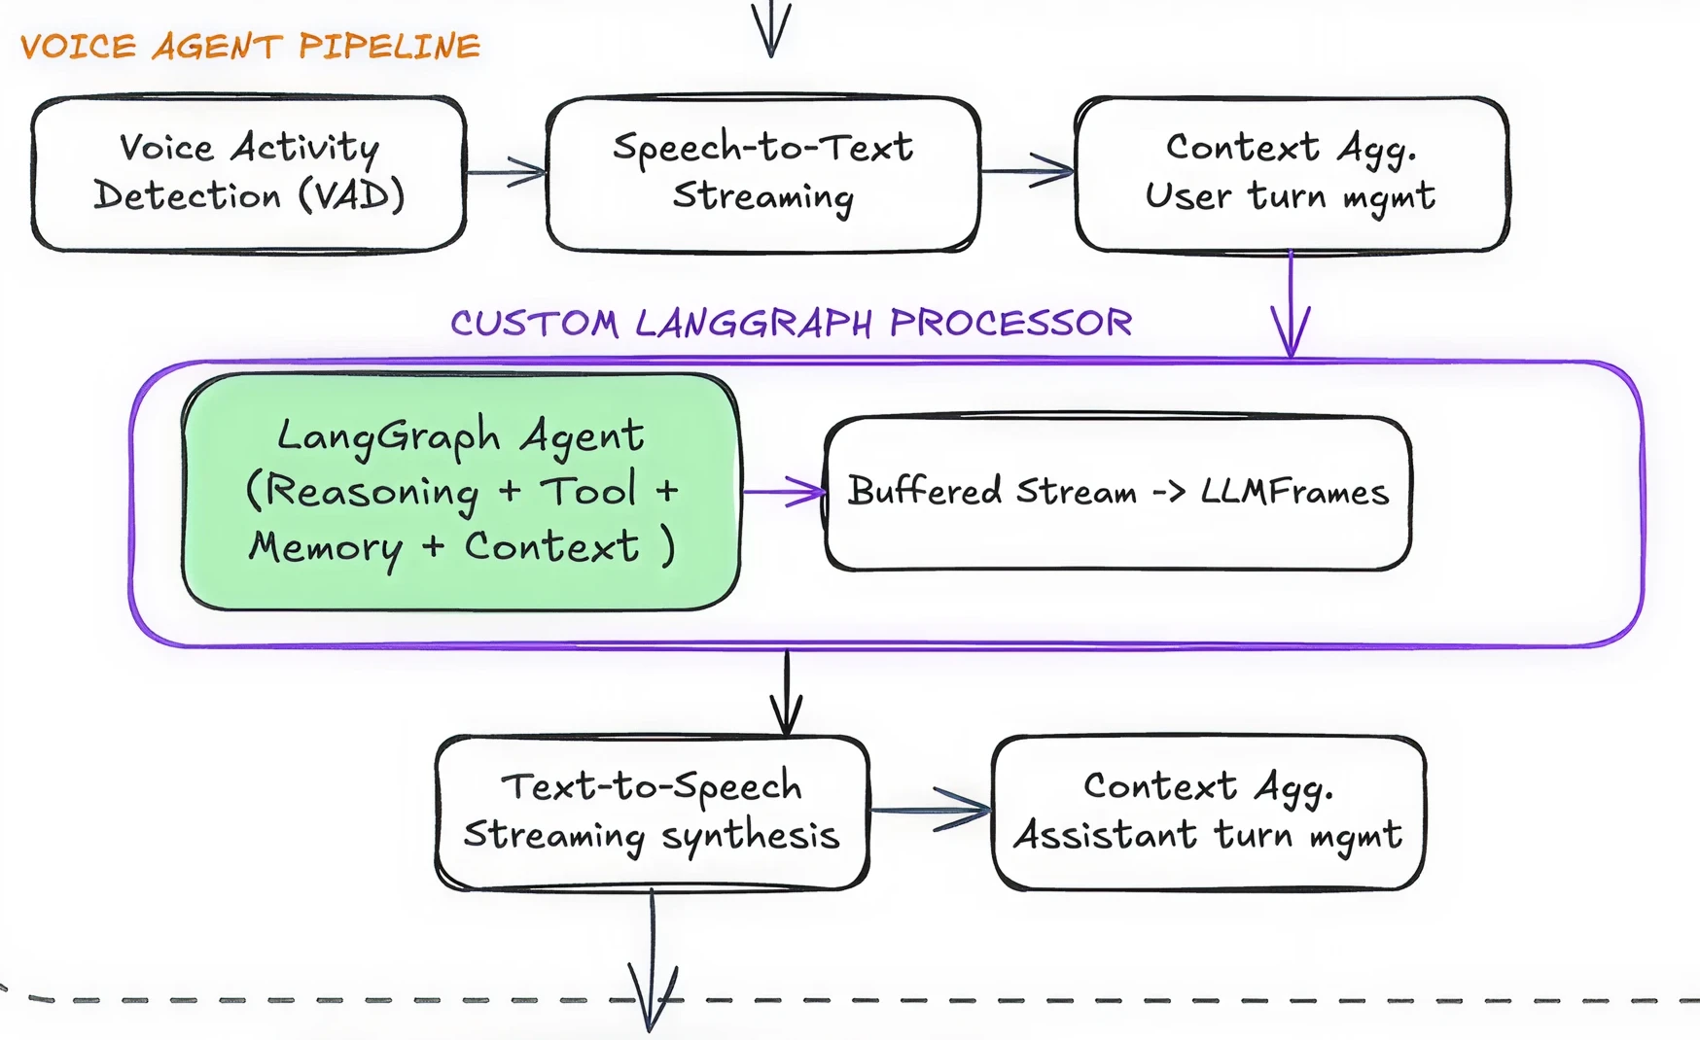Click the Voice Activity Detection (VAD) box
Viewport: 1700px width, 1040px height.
tap(249, 173)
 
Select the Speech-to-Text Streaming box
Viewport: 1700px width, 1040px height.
tap(763, 173)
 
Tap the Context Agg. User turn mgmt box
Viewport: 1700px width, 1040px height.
tap(1292, 173)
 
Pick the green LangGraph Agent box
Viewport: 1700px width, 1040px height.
tap(461, 492)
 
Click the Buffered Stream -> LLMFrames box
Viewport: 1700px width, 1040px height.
tap(1117, 493)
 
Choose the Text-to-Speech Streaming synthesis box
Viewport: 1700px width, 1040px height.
tap(652, 812)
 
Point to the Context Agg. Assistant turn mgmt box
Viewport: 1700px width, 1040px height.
tap(1208, 812)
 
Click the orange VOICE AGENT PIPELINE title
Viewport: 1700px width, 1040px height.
tap(250, 46)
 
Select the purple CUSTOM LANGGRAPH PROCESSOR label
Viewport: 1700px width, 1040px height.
tap(791, 323)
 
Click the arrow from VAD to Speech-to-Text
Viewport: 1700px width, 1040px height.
tap(507, 173)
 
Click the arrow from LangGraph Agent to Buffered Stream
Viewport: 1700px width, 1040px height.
tap(784, 492)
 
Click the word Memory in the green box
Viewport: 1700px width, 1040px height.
tap(325, 548)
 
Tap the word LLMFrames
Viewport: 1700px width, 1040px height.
tap(1293, 492)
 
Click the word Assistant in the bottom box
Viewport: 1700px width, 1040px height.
tap(1105, 835)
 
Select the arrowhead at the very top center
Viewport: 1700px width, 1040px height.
tap(771, 29)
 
